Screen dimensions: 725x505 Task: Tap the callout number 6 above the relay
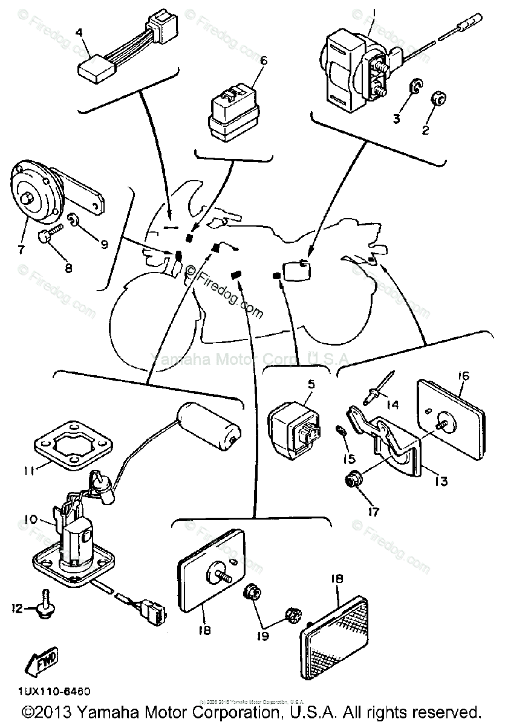[263, 60]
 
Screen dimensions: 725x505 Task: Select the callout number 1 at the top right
[374, 12]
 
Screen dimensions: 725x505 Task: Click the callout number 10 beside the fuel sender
[31, 518]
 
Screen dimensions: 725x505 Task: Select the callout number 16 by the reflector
[464, 376]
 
